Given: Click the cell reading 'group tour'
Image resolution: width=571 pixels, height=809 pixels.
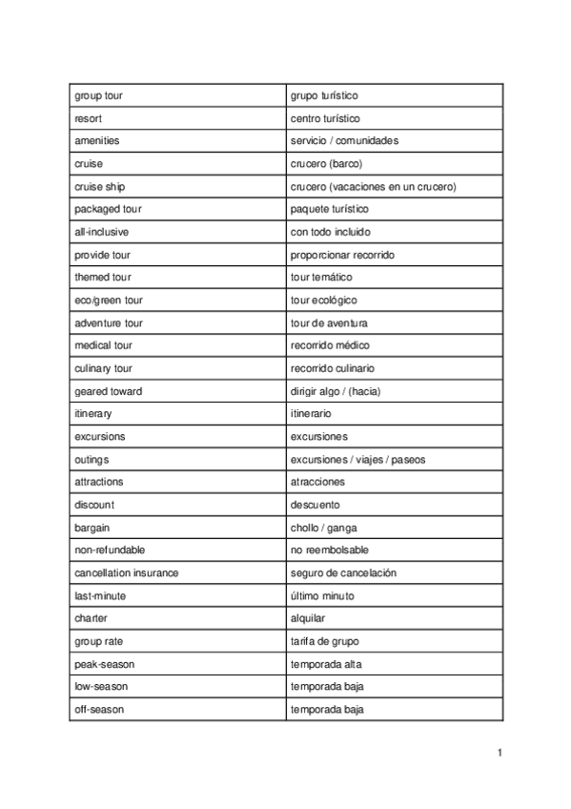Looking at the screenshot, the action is [x=98, y=95].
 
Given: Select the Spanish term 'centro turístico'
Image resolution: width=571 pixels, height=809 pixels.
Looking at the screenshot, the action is [x=325, y=118].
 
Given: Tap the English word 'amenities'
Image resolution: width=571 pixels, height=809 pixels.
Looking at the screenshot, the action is [x=97, y=141].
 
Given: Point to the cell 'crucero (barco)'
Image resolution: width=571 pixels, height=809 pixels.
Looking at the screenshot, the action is [x=326, y=164].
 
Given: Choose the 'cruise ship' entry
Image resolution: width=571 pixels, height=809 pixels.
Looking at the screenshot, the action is [x=99, y=187].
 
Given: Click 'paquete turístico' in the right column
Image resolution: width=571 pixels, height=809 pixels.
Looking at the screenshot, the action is [x=329, y=209].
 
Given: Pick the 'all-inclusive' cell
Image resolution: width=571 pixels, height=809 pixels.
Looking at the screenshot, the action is [x=101, y=232].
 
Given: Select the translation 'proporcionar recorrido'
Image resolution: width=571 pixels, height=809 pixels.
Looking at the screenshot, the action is [x=342, y=255].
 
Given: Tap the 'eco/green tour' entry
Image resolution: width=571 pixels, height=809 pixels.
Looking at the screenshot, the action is [x=109, y=301].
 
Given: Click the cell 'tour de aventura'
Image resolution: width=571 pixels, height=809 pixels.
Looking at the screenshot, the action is [x=329, y=323].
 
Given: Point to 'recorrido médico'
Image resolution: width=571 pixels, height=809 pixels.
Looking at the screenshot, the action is [x=330, y=344].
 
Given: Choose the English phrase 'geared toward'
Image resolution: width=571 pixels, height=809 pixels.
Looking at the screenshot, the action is [x=109, y=391].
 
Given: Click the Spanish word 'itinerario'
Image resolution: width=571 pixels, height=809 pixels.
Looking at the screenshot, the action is [x=311, y=414].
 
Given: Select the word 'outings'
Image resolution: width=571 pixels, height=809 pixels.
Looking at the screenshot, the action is [x=92, y=460].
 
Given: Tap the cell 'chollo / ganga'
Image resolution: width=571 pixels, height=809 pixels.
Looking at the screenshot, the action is [x=323, y=528].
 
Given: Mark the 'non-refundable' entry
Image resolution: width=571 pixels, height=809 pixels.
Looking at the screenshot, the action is [x=110, y=550].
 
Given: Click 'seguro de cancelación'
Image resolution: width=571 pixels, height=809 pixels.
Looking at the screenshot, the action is [x=343, y=573].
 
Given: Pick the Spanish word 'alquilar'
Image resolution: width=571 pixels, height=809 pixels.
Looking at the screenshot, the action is [x=308, y=618].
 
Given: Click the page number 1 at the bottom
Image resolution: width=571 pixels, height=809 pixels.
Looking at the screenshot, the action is [x=499, y=753].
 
